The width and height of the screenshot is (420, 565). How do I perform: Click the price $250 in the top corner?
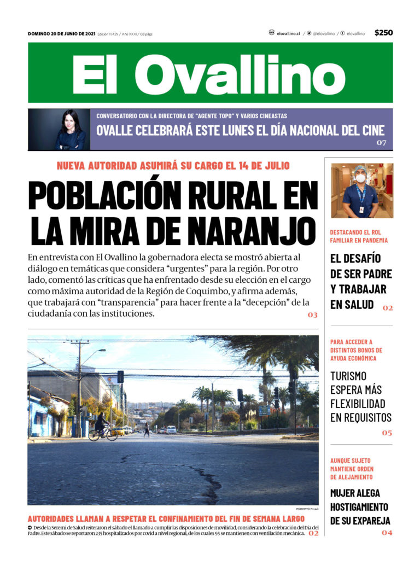(383, 33)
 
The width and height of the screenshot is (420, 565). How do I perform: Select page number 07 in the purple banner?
(381, 143)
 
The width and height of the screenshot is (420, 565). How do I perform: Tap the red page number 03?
(312, 315)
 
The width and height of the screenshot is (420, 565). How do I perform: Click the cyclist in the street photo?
(101, 427)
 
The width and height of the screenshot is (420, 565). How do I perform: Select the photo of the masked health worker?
(361, 190)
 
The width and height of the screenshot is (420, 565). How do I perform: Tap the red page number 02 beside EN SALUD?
(387, 308)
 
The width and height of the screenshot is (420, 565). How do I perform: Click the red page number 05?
(387, 433)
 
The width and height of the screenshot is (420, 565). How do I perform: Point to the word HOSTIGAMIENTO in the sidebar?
(359, 506)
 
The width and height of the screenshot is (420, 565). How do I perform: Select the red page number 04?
(387, 532)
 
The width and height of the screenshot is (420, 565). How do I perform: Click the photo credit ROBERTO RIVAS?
(307, 509)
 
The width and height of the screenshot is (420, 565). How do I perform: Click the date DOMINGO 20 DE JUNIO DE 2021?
(61, 34)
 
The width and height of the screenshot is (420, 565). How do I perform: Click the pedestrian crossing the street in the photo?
(147, 429)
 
